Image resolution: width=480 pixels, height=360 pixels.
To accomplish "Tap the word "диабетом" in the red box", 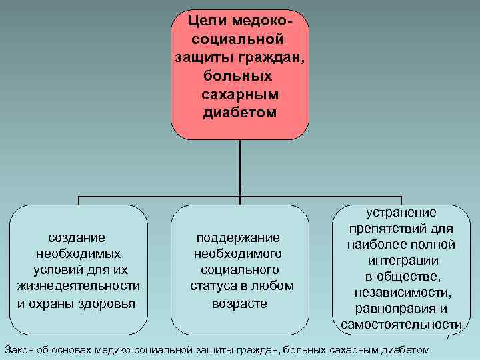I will [239, 112].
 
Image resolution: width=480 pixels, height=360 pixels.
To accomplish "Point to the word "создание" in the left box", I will [78, 237].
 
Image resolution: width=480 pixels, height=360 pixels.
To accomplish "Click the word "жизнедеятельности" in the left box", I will [78, 287].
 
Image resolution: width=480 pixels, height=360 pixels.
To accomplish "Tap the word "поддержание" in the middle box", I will [238, 237].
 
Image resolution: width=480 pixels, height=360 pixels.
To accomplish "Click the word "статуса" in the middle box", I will [215, 287].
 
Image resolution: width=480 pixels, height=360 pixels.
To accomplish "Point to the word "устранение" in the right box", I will [401, 213].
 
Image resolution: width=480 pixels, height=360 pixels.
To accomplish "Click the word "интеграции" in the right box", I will [401, 261].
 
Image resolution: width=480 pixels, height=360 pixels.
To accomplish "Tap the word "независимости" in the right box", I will [401, 293].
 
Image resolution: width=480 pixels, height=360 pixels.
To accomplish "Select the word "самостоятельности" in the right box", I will [401, 325].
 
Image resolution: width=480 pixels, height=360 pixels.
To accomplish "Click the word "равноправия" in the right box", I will [396, 309].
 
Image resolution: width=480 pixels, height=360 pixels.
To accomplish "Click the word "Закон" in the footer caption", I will [19, 349].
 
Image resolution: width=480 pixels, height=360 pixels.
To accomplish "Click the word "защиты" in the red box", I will [198, 57].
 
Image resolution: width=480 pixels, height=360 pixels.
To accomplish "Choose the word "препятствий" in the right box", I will [393, 229].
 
